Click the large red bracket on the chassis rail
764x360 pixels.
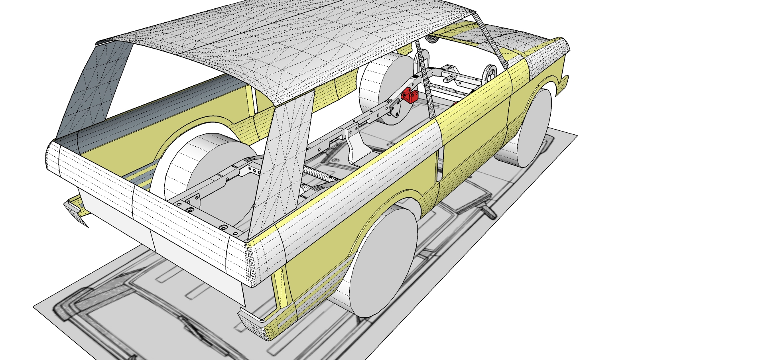tap(410, 95)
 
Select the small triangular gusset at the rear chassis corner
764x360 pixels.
tap(193, 199)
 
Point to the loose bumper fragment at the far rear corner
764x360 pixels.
tap(76, 211)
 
